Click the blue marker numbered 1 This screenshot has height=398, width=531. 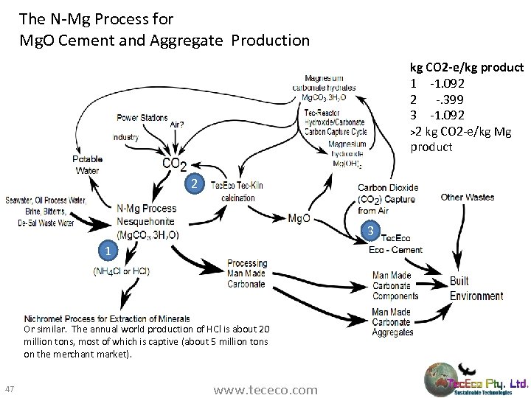(108, 252)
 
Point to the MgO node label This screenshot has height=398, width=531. (299, 218)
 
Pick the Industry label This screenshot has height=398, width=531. (126, 137)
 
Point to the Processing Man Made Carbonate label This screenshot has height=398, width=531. (246, 273)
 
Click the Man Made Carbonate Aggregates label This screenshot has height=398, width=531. (392, 322)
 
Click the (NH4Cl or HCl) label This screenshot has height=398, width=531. (121, 270)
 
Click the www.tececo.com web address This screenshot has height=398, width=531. (265, 388)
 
